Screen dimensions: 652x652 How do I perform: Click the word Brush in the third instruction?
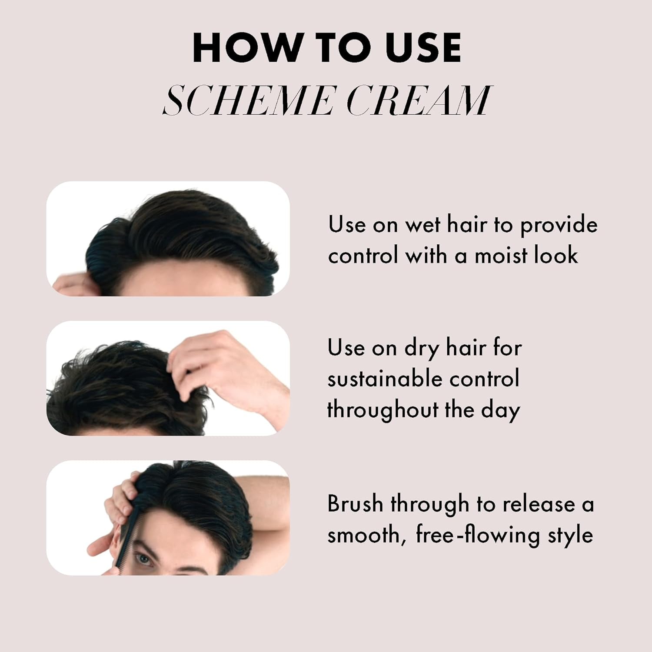click(354, 504)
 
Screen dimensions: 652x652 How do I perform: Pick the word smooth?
click(364, 535)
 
